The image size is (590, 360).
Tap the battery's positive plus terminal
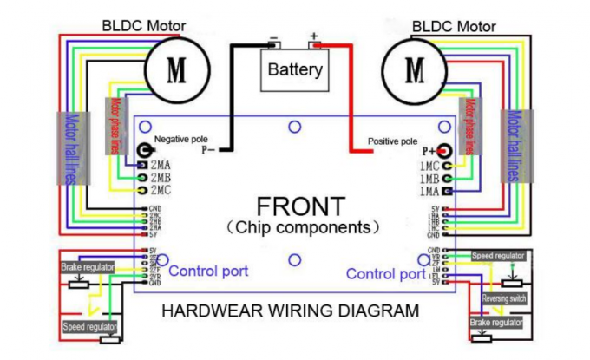click(x=314, y=39)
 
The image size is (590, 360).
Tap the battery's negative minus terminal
click(x=274, y=39)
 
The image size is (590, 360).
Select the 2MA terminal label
click(x=161, y=165)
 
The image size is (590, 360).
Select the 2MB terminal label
click(x=161, y=177)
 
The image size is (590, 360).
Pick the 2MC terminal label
click(x=161, y=189)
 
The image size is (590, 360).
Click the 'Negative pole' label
click(x=181, y=139)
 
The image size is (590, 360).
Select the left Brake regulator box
click(x=88, y=268)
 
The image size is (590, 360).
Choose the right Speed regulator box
click(x=498, y=256)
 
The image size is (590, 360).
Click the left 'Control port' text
click(x=208, y=272)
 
